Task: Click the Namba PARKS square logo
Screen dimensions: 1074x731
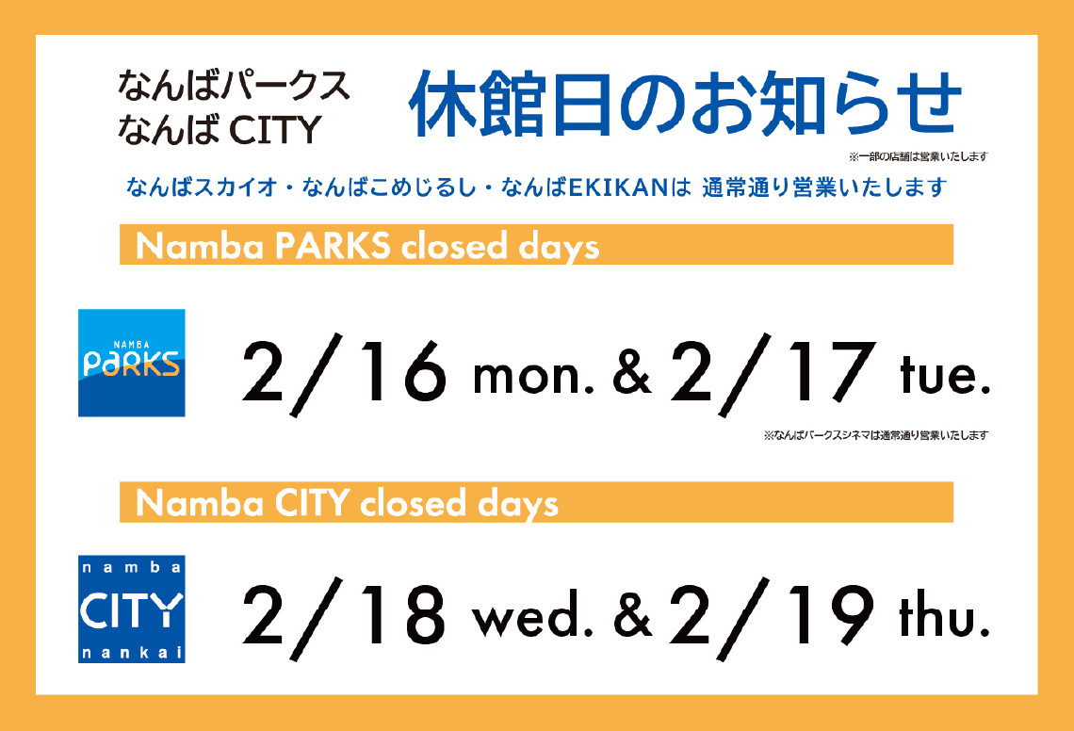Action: [132, 363]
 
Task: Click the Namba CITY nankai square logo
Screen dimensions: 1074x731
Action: [132, 609]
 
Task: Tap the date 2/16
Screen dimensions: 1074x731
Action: [344, 375]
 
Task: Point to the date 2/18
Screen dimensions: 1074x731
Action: [344, 619]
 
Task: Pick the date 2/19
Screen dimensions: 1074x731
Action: [772, 619]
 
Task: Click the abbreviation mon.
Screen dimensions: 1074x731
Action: [533, 378]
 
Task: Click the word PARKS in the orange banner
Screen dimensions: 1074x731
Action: [333, 245]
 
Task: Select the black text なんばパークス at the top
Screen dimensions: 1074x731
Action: [234, 86]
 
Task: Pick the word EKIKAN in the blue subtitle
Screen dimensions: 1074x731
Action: [618, 187]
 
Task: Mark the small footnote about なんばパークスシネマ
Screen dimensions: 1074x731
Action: [875, 435]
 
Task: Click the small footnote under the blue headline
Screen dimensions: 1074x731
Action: [918, 157]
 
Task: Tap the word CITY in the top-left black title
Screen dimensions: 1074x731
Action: [275, 129]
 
